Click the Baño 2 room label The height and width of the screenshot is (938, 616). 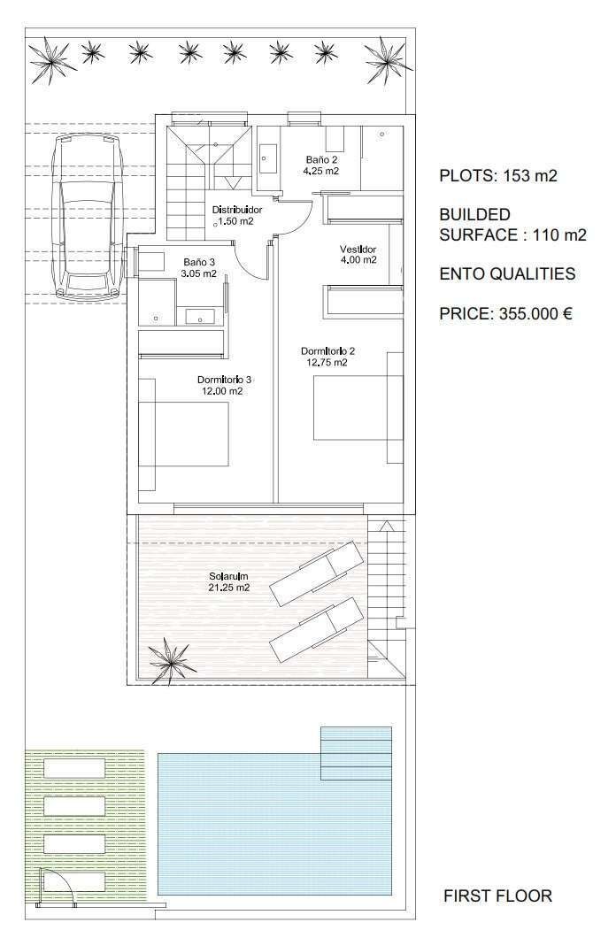[x=322, y=159]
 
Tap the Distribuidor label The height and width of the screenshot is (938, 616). [x=237, y=210]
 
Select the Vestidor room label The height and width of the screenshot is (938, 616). [x=358, y=249]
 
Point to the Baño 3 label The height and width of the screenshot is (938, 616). [x=199, y=262]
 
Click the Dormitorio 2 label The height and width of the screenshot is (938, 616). [x=327, y=351]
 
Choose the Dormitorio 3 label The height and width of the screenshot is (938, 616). [x=224, y=380]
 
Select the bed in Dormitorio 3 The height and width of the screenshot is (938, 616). [x=183, y=434]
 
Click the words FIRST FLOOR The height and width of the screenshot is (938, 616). [x=497, y=896]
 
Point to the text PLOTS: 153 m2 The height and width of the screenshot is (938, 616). [x=498, y=175]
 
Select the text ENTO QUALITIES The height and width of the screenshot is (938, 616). [x=507, y=273]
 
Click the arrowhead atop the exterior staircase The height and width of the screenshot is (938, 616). [x=387, y=527]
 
